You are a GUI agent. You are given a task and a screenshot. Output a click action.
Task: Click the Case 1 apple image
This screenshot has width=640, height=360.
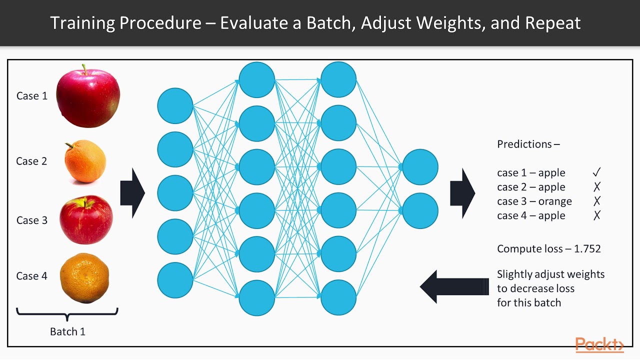[x=88, y=96]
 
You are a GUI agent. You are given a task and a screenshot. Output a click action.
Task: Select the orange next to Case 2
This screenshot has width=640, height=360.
[x=85, y=161]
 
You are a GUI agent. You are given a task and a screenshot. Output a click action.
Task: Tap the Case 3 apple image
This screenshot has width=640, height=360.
[x=86, y=220]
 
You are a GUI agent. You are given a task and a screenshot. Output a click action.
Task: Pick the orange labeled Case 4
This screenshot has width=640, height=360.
[x=84, y=278]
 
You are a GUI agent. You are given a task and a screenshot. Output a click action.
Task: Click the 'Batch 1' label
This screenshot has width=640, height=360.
[x=67, y=331]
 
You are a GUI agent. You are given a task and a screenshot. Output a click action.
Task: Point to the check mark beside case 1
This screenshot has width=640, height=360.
[x=596, y=172]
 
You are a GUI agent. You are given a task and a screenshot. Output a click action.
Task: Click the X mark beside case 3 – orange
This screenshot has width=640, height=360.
[x=596, y=201]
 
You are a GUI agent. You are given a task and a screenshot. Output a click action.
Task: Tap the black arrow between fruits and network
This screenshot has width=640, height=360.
[x=132, y=193]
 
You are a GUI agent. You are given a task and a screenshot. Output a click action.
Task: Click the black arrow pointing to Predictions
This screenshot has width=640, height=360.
[x=462, y=193]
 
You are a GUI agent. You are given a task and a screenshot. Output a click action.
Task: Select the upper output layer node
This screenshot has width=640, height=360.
[x=420, y=167]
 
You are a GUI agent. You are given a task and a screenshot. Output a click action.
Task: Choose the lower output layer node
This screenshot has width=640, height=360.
[x=420, y=211]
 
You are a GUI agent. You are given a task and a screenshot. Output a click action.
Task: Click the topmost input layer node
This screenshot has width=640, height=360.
[x=175, y=106]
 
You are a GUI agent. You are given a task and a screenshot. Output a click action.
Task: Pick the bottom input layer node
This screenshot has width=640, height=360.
[x=175, y=280]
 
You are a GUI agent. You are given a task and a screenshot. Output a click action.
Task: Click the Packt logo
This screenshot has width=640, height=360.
[x=599, y=345]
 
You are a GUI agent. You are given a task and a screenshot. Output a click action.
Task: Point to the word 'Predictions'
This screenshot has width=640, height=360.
[x=524, y=144]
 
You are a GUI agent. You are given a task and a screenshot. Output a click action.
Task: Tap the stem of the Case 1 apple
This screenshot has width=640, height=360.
[x=85, y=68]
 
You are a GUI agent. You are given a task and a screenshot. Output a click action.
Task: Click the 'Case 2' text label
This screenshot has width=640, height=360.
[x=31, y=161]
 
